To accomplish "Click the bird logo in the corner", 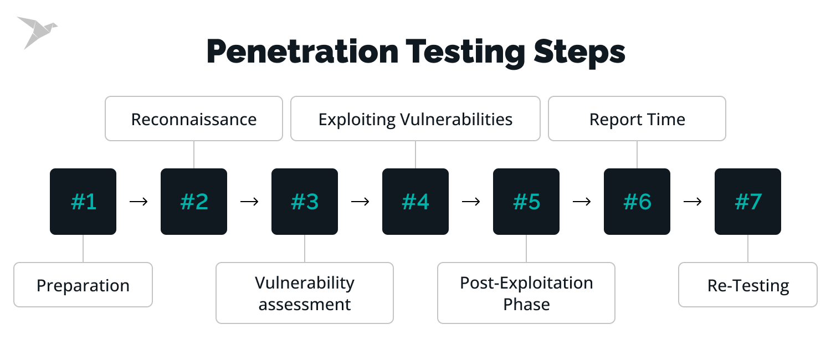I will [x=35, y=31].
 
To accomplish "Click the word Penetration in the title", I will [x=302, y=53].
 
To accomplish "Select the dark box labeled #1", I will [x=83, y=202].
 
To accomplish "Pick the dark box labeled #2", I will [x=194, y=202].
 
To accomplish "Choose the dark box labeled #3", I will [x=305, y=202].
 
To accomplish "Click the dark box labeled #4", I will [x=416, y=202].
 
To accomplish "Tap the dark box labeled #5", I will [x=526, y=202].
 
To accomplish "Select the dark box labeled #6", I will [x=637, y=202].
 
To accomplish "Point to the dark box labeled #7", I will [x=748, y=202].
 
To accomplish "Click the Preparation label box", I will [x=83, y=285].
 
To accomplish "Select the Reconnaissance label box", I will [x=194, y=119].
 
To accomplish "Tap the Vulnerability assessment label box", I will [x=305, y=293].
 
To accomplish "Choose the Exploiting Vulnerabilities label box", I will [x=416, y=119].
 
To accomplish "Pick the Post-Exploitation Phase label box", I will [x=526, y=293].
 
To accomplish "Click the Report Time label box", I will [x=637, y=119].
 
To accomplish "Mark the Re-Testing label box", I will [x=748, y=285].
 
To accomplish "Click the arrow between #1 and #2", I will [x=138, y=202].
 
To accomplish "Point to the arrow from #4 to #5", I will [x=471, y=202].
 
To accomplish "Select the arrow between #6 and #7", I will [x=693, y=202].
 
